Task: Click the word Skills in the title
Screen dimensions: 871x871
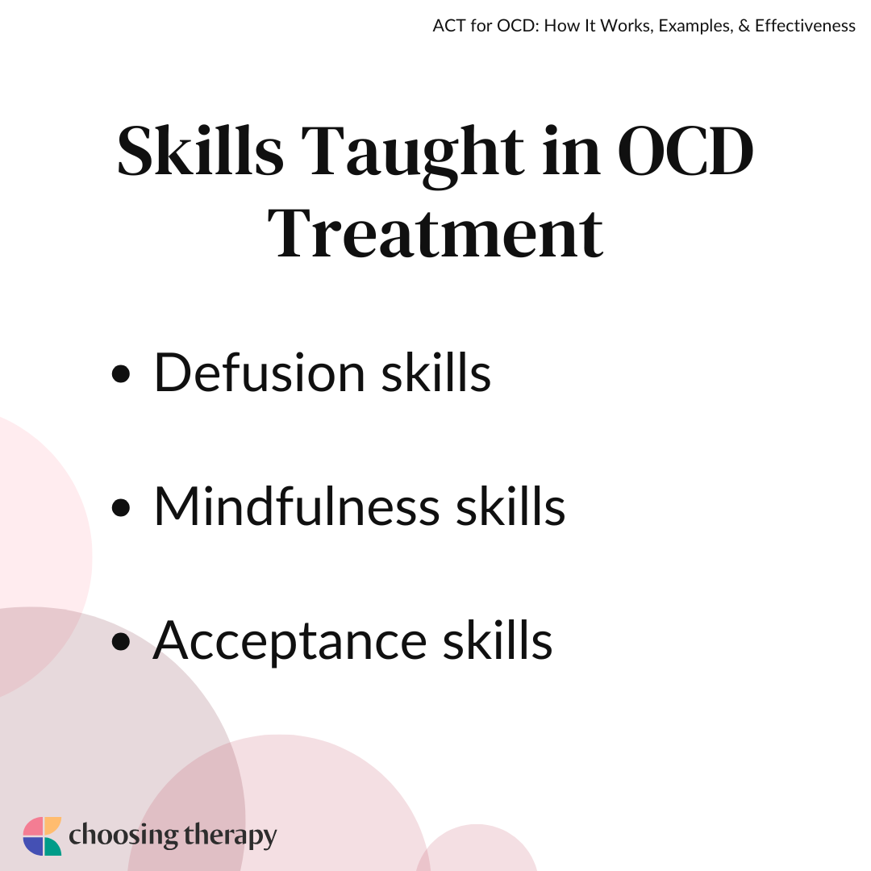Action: click(201, 150)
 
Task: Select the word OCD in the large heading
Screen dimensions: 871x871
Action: click(686, 151)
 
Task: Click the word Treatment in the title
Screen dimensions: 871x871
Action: click(435, 233)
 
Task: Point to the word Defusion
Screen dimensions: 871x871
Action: click(259, 372)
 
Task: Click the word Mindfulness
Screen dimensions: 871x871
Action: click(297, 506)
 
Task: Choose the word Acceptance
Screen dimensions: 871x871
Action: click(290, 642)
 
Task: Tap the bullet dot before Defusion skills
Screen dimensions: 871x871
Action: click(120, 373)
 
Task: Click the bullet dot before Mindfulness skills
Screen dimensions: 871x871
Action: click(120, 507)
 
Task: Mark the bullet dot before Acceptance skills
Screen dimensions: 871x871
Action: click(120, 641)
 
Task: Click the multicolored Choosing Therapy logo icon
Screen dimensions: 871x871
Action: click(42, 836)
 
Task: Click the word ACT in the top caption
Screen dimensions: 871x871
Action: click(449, 26)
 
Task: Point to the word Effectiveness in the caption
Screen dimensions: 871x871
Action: click(805, 26)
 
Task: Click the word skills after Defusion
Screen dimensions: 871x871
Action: click(436, 372)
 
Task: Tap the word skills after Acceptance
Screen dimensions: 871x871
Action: click(497, 640)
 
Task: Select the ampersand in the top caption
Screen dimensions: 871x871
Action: click(744, 26)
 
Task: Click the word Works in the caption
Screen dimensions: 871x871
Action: click(627, 26)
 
